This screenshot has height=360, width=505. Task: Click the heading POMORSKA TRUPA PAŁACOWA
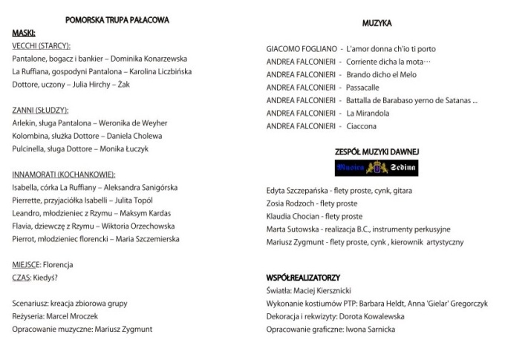click(117, 20)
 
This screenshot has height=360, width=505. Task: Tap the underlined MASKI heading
click(24, 33)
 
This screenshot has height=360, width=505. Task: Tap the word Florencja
click(58, 265)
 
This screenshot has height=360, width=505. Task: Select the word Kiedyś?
click(46, 278)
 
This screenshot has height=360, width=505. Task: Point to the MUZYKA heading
click(377, 23)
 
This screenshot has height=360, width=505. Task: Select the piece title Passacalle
click(362, 88)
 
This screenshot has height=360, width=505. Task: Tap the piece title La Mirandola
click(368, 114)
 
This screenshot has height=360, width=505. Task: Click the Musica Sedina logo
click(377, 168)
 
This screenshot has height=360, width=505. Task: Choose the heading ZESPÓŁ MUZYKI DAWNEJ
click(377, 152)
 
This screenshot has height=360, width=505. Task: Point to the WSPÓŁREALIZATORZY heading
click(303, 278)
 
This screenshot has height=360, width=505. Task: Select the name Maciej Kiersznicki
click(325, 291)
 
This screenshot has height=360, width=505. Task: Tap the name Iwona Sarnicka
click(370, 330)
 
